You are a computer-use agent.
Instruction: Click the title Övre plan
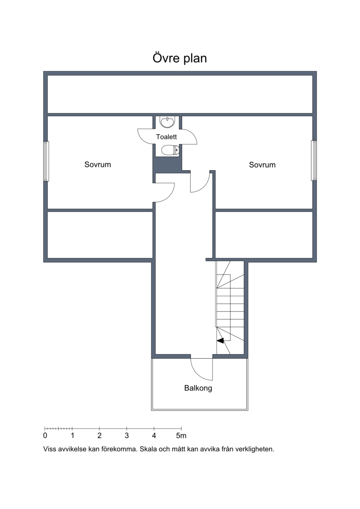pyautogui.click(x=180, y=58)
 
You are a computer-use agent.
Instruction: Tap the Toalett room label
pyautogui.click(x=166, y=137)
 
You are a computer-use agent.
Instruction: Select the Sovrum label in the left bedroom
pyautogui.click(x=98, y=165)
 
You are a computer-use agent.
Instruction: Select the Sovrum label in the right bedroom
pyautogui.click(x=262, y=165)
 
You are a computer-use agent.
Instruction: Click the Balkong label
pyautogui.click(x=198, y=388)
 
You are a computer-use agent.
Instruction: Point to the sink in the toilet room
pyautogui.click(x=167, y=122)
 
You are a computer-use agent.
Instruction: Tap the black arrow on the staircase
pyautogui.click(x=220, y=341)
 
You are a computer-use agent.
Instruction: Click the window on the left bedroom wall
pyautogui.click(x=46, y=161)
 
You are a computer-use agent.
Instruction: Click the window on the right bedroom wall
pyautogui.click(x=314, y=160)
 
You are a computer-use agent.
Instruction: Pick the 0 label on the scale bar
pyautogui.click(x=45, y=436)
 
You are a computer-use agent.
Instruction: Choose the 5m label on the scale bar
pyautogui.click(x=181, y=436)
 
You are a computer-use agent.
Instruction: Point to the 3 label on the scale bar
pyautogui.click(x=126, y=436)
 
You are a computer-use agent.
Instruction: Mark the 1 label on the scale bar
pyautogui.click(x=72, y=436)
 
